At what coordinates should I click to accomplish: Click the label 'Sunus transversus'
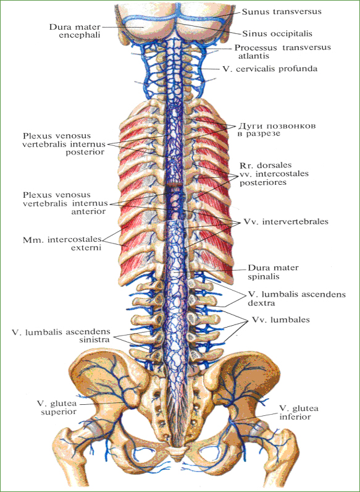pyautogui.click(x=282, y=12)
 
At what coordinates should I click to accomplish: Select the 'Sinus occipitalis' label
pyautogui.click(x=277, y=33)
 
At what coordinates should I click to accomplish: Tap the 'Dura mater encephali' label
pyautogui.click(x=75, y=31)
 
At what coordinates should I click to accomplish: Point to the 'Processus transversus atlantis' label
pyautogui.click(x=283, y=52)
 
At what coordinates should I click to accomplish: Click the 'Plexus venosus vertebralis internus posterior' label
pyautogui.click(x=64, y=144)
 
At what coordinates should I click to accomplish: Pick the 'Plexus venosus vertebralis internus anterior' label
pyautogui.click(x=64, y=203)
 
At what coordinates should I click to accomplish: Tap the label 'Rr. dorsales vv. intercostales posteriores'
pyautogui.click(x=274, y=174)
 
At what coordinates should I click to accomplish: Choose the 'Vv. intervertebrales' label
pyautogui.click(x=286, y=222)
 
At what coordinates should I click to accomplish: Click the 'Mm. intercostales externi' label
pyautogui.click(x=62, y=244)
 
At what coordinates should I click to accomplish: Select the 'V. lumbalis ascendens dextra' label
pyautogui.click(x=296, y=299)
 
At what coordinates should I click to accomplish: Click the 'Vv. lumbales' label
pyautogui.click(x=280, y=320)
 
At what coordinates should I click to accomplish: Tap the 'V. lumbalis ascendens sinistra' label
pyautogui.click(x=61, y=336)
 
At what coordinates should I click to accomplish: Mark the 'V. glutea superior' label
pyautogui.click(x=58, y=407)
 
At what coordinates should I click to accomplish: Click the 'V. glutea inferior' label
pyautogui.click(x=299, y=413)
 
